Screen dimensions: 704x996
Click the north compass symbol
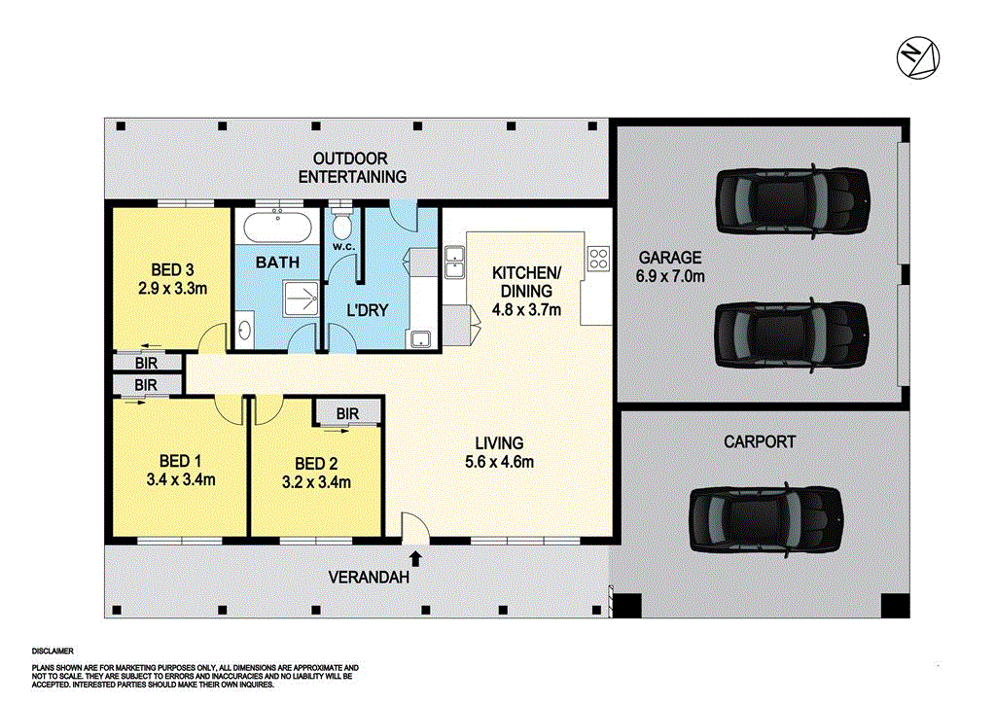click(917, 56)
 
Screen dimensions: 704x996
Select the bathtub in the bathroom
click(278, 231)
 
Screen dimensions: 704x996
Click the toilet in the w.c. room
click(341, 227)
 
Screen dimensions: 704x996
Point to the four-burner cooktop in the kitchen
click(598, 260)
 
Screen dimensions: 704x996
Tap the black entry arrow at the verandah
click(416, 558)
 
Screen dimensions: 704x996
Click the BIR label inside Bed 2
click(347, 413)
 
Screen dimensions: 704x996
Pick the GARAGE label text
click(669, 258)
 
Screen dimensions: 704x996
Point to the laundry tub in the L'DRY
click(421, 338)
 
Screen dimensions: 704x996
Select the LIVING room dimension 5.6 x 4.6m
click(499, 462)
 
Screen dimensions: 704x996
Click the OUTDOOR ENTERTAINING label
click(351, 167)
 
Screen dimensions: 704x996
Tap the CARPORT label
click(760, 441)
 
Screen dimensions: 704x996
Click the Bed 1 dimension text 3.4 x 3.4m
click(180, 478)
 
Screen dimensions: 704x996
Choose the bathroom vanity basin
click(244, 331)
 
